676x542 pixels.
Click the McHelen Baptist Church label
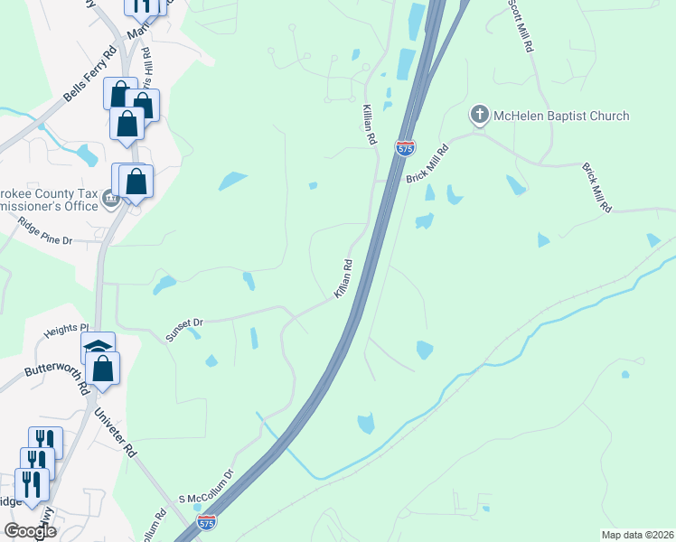coord(561,116)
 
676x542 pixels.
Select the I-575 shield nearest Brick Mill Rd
coord(405,146)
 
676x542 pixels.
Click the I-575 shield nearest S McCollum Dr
coord(208,523)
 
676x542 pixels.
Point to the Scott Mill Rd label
coord(521,27)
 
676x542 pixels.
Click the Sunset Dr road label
coord(186,328)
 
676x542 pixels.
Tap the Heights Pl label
coord(68,331)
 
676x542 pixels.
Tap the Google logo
coord(30,530)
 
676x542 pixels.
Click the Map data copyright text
coord(637,535)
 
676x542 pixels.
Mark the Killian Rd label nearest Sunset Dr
coord(342,279)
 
